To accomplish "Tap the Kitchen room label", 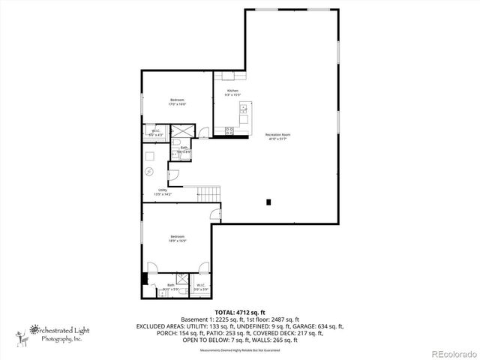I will click(232, 92).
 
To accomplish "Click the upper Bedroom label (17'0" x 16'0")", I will click(177, 102).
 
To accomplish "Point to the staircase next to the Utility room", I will click(205, 193).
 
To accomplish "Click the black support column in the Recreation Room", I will click(268, 201).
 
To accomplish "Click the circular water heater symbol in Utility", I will click(150, 172).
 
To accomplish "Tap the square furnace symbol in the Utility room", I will click(150, 156).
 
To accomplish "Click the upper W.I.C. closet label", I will click(156, 132).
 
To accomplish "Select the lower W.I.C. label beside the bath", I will click(202, 286).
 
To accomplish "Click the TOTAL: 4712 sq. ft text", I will click(239, 311).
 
